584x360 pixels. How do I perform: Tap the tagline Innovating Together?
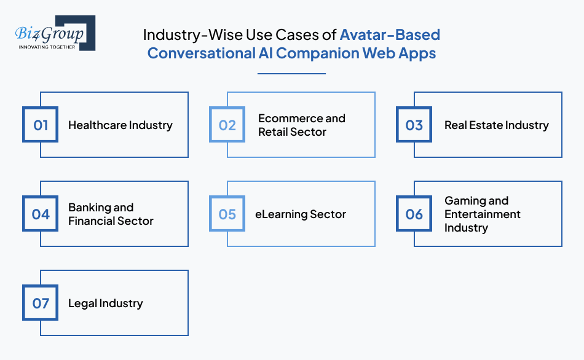tap(47, 47)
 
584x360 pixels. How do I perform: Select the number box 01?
tap(41, 125)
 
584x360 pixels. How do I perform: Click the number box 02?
tap(227, 125)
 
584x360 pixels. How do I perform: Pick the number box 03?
tap(414, 125)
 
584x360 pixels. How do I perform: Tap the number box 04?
tap(41, 214)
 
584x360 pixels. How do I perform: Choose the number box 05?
tap(227, 214)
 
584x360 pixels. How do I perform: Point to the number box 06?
tap(414, 214)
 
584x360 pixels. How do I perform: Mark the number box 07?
tap(41, 303)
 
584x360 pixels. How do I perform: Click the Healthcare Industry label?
tap(120, 125)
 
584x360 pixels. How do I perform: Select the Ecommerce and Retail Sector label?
tap(301, 125)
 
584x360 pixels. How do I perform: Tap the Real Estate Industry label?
tap(497, 125)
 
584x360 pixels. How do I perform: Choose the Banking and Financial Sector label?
tap(111, 214)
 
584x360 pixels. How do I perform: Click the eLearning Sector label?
tap(301, 214)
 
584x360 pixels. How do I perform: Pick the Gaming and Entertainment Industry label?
tap(483, 214)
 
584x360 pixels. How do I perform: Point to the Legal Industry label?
tap(106, 303)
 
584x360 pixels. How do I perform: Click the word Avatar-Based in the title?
tap(390, 35)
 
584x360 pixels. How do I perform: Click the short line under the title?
tap(291, 74)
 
